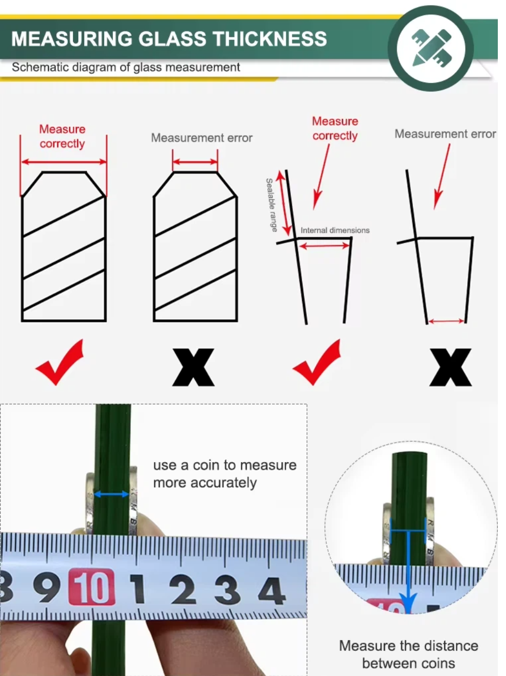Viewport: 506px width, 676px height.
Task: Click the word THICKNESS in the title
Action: click(269, 39)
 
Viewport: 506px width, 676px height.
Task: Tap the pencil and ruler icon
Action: click(431, 48)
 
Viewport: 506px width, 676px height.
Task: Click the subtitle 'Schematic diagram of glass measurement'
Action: click(126, 67)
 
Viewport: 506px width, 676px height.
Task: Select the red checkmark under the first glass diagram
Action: click(60, 362)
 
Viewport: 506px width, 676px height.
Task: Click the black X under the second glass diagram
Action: click(193, 367)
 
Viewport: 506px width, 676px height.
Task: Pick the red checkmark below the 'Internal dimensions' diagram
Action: click(317, 362)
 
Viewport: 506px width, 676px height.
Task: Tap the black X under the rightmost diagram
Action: click(450, 367)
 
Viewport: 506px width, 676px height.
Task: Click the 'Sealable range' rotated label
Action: click(271, 205)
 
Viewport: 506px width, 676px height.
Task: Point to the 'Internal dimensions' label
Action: click(335, 230)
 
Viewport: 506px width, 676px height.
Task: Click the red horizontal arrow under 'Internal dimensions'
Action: click(325, 246)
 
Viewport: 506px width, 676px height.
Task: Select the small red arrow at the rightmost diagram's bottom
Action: click(446, 321)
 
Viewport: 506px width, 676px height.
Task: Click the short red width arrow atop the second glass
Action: click(195, 162)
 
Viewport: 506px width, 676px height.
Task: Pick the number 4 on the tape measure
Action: click(271, 591)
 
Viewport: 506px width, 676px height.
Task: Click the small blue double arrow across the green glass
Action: click(111, 494)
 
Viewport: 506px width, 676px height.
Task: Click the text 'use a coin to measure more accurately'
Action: click(225, 474)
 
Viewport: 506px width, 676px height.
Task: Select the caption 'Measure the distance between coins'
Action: click(408, 655)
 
